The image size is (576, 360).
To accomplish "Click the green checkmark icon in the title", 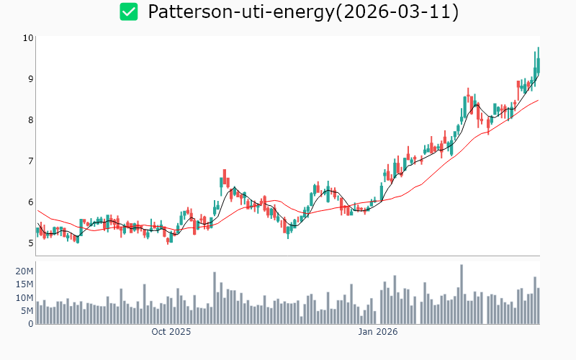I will tap(129, 12).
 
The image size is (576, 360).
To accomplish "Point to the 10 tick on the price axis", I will tap(28, 37).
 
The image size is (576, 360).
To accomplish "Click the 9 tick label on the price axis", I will tap(30, 78).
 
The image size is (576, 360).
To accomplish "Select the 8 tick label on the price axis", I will tap(30, 120).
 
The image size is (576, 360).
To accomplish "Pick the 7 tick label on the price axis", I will tap(30, 161).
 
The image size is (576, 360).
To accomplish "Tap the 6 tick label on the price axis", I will tap(30, 202).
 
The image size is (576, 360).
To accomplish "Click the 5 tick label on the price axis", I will tap(30, 243).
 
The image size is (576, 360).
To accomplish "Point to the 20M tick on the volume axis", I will tap(25, 271).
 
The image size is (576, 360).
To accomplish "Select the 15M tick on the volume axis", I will tap(25, 284).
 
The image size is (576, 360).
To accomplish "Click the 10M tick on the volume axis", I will tap(25, 297).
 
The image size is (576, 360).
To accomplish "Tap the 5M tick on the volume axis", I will tap(27, 310).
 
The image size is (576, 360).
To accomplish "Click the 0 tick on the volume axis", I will tap(30, 323).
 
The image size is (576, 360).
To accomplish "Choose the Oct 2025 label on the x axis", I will tap(171, 332).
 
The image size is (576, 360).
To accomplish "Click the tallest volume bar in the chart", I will tap(461, 294).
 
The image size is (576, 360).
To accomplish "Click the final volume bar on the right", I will tap(538, 306).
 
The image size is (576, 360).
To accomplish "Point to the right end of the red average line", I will tap(538, 101).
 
